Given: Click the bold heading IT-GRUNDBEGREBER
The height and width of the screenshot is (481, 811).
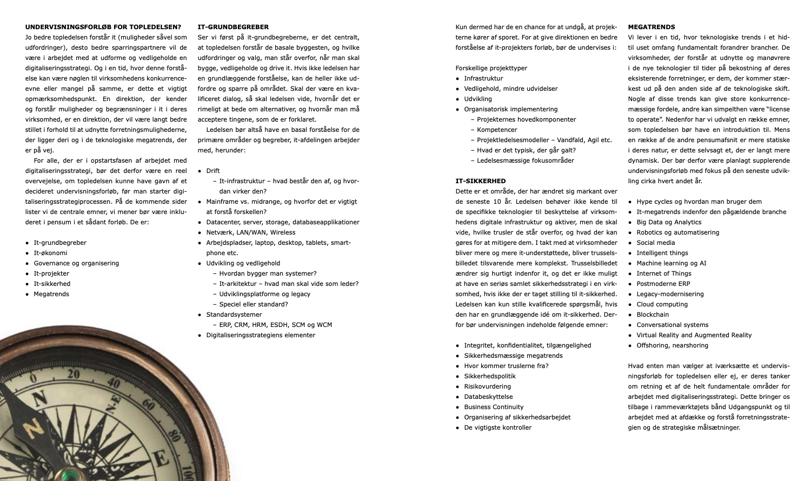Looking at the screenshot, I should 233,26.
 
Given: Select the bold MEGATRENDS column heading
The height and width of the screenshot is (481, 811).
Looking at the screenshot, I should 652,26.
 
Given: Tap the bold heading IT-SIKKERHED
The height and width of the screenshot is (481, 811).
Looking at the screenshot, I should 481,181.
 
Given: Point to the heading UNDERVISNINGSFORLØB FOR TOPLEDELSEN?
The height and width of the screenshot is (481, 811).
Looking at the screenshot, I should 103,26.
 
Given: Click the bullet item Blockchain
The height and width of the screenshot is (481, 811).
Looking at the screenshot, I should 652,315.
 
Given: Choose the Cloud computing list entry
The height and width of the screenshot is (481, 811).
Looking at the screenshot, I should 662,304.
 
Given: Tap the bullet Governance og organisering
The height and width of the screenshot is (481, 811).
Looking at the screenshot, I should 76,263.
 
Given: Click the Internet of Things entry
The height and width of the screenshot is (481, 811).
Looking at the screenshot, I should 663,273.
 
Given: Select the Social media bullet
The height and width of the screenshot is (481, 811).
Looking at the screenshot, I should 655,243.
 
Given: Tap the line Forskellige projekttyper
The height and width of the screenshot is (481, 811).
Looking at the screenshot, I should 491,68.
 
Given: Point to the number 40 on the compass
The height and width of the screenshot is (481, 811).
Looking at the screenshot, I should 114,384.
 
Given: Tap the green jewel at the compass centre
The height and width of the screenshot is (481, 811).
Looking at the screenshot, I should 69,475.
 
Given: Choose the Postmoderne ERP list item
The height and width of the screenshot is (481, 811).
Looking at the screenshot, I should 663,284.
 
